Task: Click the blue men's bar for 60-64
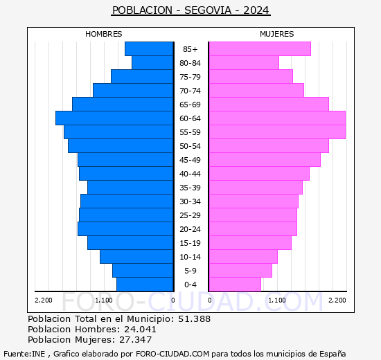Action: [114, 118]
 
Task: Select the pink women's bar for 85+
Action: [259, 49]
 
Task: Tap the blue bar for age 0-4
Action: [145, 285]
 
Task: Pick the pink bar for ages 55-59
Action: [276, 132]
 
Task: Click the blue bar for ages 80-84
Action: [152, 63]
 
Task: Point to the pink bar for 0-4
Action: [235, 285]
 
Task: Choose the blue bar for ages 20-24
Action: [125, 229]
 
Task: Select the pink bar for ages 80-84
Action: [243, 63]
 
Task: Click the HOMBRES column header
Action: [104, 34]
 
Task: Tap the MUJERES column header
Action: [277, 34]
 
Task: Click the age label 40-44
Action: [190, 174]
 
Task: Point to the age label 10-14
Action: [190, 257]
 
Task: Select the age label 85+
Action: [190, 49]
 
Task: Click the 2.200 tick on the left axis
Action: [43, 300]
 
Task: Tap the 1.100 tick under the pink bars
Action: [276, 300]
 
